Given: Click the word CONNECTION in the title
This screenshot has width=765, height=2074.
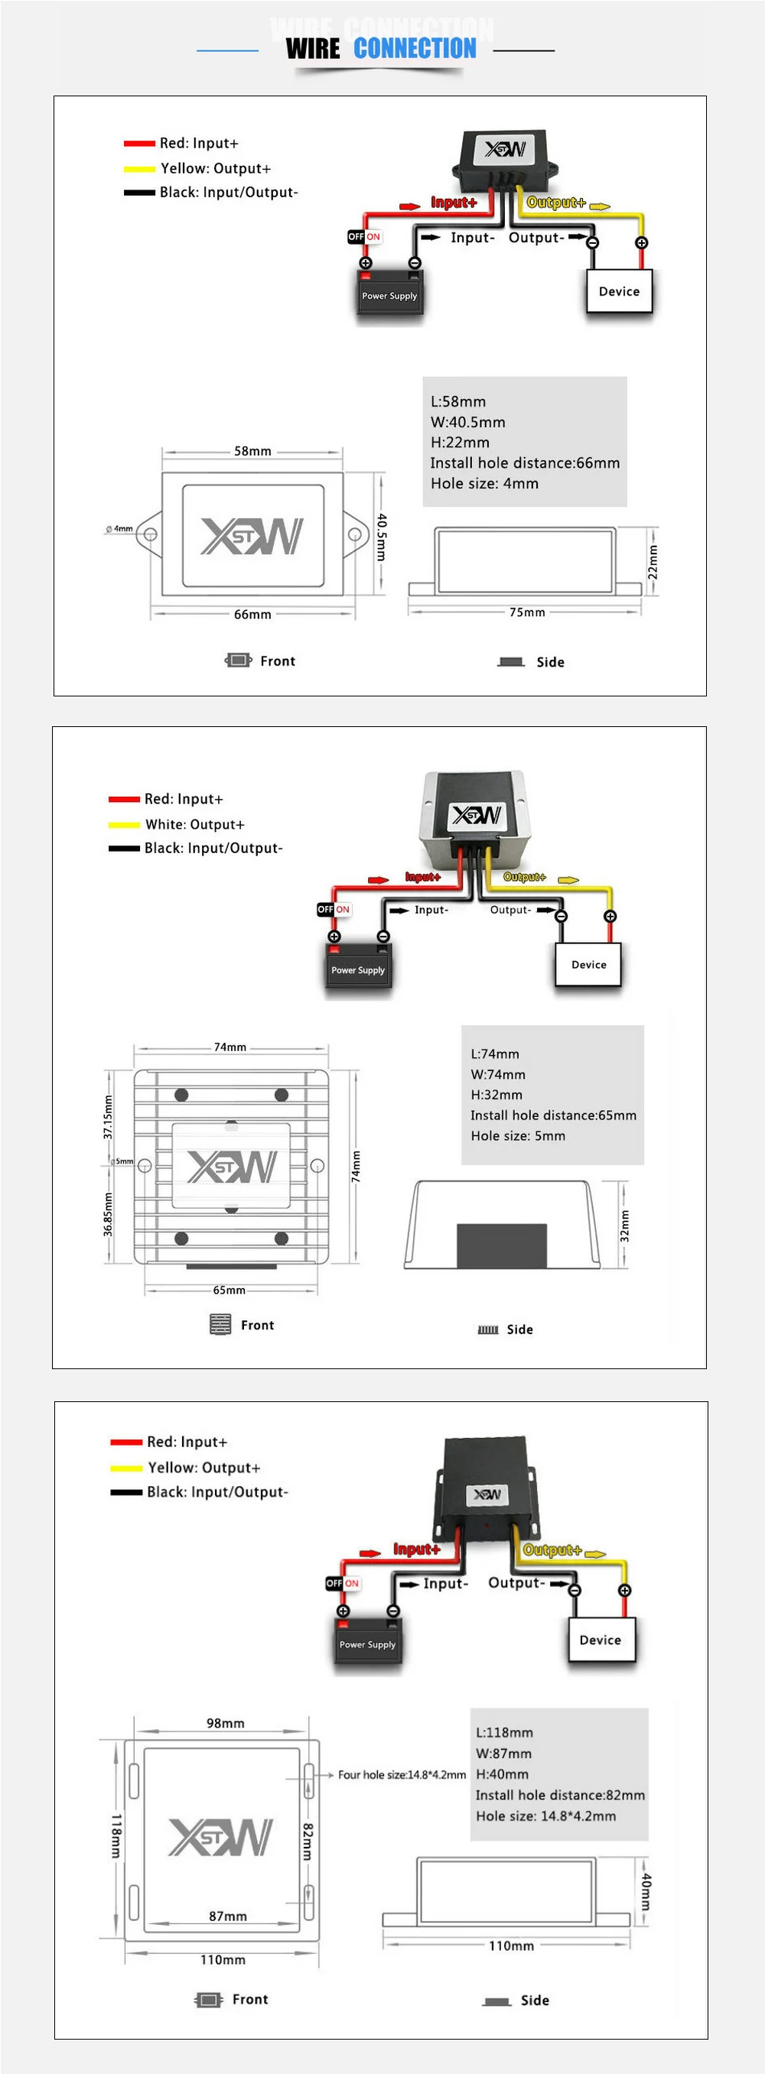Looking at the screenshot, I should pos(415,49).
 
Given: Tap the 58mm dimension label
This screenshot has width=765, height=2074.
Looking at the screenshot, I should pos(252,451).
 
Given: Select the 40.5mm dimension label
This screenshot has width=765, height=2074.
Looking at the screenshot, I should pos(382,537).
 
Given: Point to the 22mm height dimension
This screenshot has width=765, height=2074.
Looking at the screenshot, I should pos(653,561).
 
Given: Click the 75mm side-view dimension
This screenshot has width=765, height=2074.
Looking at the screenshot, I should pos(526,612).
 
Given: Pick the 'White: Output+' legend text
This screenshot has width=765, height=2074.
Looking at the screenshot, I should pos(194,824).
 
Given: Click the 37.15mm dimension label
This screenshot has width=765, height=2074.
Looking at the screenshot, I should pos(108,1117).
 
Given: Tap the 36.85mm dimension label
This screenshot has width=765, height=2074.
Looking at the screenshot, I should pos(108,1214).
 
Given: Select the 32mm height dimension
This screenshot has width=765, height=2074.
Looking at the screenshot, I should pos(624,1225).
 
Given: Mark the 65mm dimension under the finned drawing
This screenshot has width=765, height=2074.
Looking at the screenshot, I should pos(229,1290).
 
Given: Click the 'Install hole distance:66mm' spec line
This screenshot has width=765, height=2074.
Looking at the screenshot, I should pos(524,463).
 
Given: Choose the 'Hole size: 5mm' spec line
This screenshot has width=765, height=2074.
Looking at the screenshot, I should pos(518,1136).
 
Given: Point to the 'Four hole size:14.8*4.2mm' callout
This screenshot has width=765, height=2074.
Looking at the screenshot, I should pos(402,1774).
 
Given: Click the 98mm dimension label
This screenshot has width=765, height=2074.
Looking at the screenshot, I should pos(225,1723).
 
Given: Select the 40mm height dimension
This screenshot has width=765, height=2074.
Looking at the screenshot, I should pos(645,1891).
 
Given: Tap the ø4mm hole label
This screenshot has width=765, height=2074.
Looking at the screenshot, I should pos(119,529).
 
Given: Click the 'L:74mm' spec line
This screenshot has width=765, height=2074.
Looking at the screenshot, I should pos(494,1054).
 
